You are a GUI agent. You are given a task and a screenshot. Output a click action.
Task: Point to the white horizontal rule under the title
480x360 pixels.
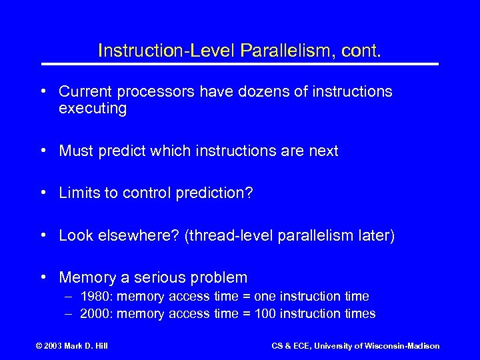240,64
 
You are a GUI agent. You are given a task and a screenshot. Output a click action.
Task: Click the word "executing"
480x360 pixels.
93,109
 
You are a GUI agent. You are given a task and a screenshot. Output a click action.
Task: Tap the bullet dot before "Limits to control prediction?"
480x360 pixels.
43,193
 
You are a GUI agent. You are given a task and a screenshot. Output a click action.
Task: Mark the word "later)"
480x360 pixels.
374,235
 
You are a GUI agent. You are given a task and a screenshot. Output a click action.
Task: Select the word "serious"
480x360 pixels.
164,277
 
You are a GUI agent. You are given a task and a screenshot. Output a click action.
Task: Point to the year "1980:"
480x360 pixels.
95,296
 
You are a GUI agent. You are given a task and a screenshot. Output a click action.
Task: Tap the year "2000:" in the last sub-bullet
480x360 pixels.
95,313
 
